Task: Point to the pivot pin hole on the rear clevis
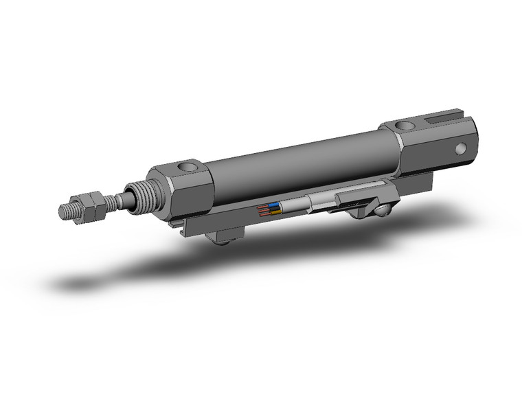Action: point(461,148)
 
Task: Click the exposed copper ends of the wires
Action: point(262,210)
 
